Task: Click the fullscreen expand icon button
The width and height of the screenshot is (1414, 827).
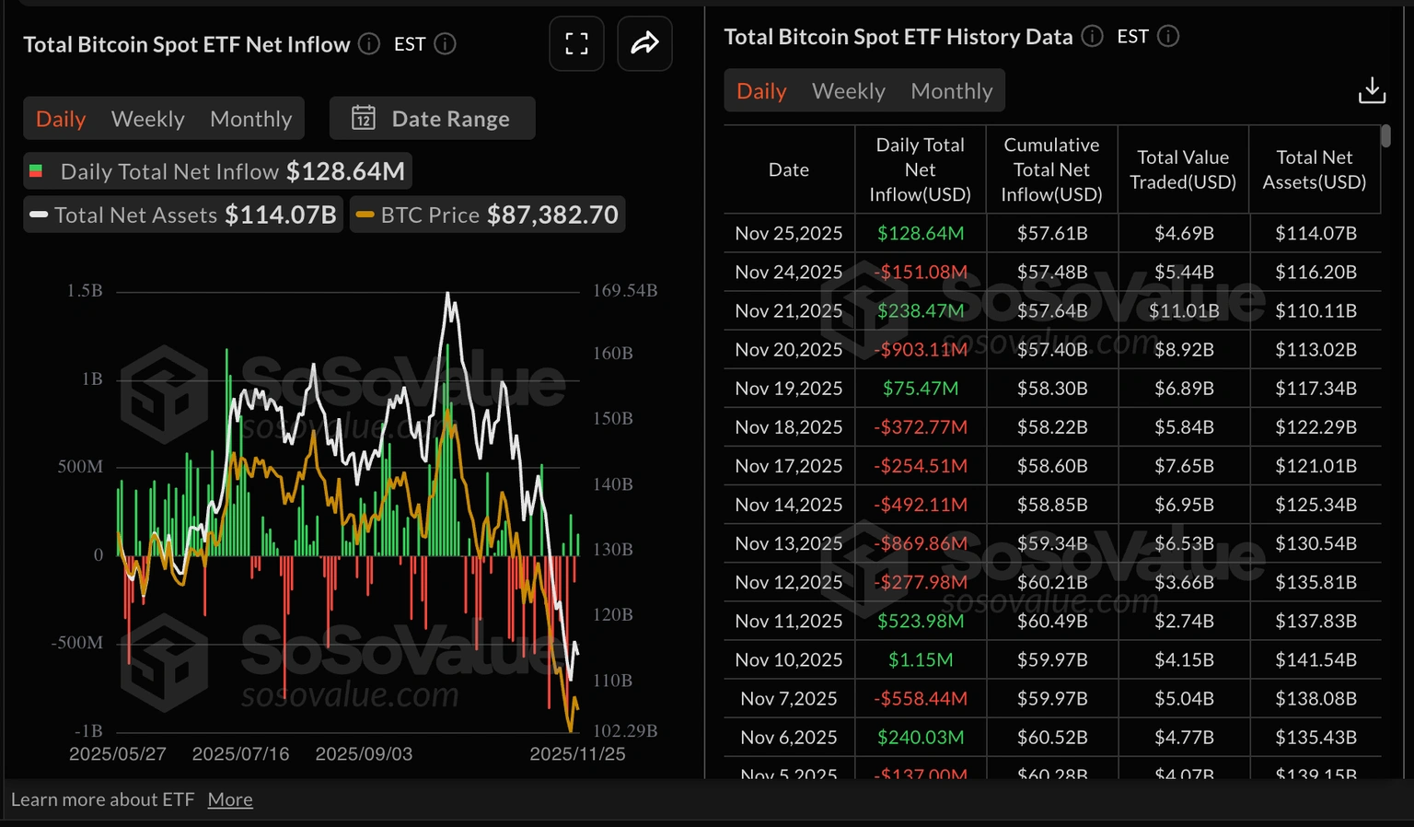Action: click(576, 43)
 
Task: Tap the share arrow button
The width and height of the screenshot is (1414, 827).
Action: click(644, 43)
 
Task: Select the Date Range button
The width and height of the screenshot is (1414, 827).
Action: click(432, 119)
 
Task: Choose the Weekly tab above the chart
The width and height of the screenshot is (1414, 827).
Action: click(147, 119)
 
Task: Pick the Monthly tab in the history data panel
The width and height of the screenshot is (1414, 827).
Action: click(951, 91)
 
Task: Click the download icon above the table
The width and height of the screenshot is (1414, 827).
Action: click(1371, 90)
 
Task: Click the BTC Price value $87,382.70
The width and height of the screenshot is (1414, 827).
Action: click(552, 215)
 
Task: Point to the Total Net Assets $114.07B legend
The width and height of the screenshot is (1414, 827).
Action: click(184, 215)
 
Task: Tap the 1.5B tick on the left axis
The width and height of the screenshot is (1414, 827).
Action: click(85, 291)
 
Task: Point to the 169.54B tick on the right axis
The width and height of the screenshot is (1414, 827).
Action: click(624, 291)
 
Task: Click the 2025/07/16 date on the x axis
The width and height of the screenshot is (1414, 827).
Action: click(240, 753)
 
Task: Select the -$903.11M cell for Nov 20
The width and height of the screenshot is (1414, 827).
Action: click(920, 349)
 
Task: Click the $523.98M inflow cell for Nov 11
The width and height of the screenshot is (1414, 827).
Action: click(920, 621)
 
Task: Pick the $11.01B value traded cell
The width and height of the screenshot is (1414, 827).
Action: click(1183, 310)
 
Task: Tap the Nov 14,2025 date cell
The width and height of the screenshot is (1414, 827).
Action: click(788, 505)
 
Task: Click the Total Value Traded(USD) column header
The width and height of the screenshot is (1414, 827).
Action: click(1183, 169)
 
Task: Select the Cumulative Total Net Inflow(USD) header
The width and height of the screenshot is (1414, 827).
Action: click(1051, 169)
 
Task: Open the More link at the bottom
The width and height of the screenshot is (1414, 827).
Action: click(230, 799)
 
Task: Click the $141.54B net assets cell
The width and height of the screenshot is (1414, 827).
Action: click(1315, 659)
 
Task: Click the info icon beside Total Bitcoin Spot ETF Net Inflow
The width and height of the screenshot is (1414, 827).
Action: click(369, 44)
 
